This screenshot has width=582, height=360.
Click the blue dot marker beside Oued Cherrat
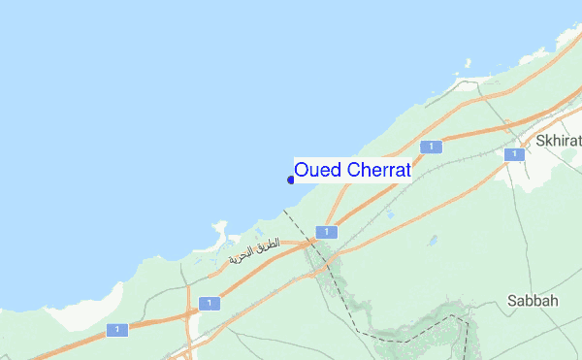(x=291, y=179)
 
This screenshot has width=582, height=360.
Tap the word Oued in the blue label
(x=314, y=170)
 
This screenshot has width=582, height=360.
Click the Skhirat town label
(x=558, y=141)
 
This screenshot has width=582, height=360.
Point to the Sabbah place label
(x=533, y=301)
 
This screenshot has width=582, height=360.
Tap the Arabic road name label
(x=254, y=253)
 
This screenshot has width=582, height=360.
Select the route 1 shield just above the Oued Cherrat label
(x=431, y=146)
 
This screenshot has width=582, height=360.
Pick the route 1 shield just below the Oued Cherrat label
(x=329, y=232)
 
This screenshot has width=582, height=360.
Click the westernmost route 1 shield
(x=117, y=330)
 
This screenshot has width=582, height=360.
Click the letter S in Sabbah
(x=512, y=301)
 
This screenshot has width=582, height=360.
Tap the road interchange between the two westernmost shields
(x=187, y=312)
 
